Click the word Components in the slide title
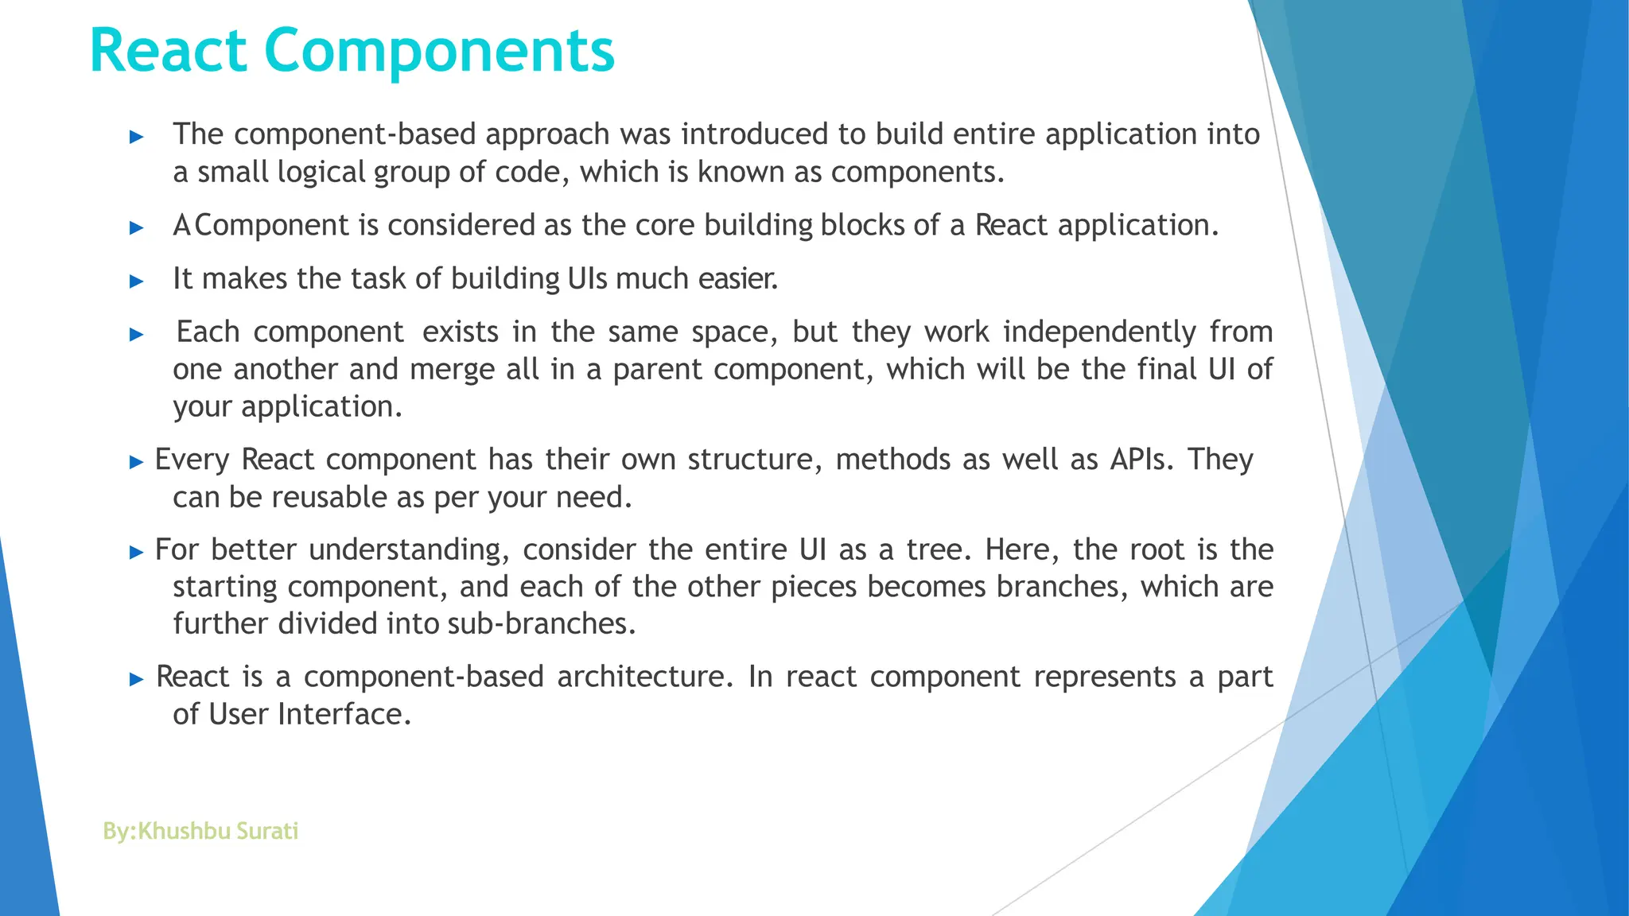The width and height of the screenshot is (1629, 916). (439, 51)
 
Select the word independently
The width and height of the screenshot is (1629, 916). (1099, 332)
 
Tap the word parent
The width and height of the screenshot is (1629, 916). (657, 370)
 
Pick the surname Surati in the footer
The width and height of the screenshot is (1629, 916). (267, 831)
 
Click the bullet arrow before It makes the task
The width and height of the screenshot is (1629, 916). (137, 281)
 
